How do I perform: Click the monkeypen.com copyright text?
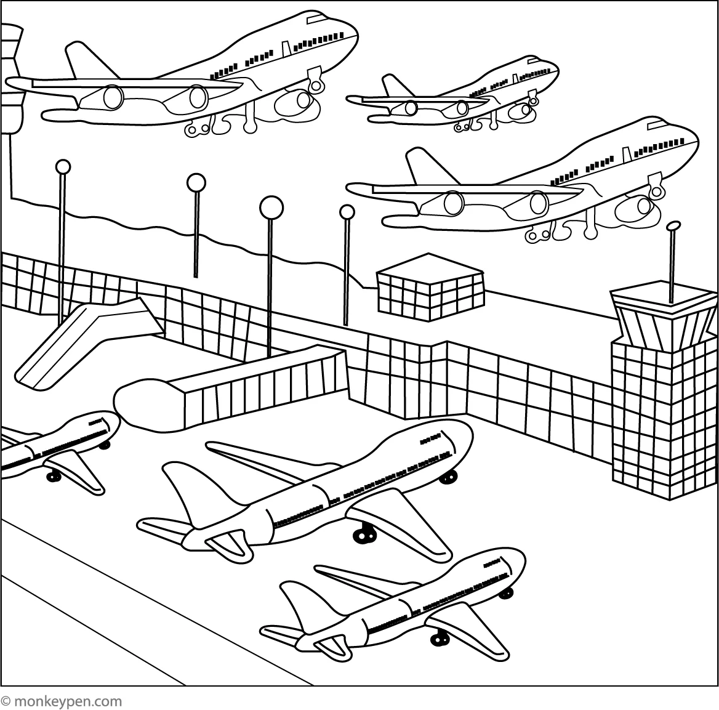click(x=62, y=701)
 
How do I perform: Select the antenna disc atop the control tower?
click(x=673, y=226)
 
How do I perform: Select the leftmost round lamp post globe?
click(x=63, y=167)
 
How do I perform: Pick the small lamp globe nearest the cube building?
click(x=347, y=212)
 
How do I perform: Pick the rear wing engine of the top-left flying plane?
click(x=113, y=97)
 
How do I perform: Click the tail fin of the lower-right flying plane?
click(x=424, y=166)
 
